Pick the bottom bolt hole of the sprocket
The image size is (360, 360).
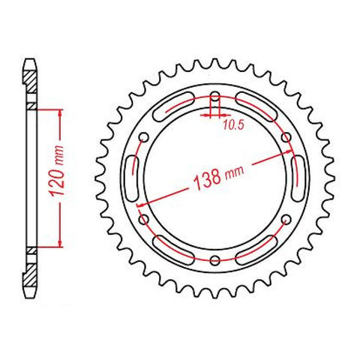tap(215, 260)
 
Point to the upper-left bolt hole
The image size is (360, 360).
tap(145, 138)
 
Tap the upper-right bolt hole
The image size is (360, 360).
tap(286, 137)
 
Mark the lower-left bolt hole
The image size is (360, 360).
tap(145, 220)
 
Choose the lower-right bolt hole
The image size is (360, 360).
tap(286, 220)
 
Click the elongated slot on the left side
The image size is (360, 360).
tap(136, 178)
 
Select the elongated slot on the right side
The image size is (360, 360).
tap(295, 178)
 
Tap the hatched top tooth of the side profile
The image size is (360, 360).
tap(30, 72)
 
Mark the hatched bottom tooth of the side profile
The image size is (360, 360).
tap(30, 282)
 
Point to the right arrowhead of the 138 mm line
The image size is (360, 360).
tap(289, 154)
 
